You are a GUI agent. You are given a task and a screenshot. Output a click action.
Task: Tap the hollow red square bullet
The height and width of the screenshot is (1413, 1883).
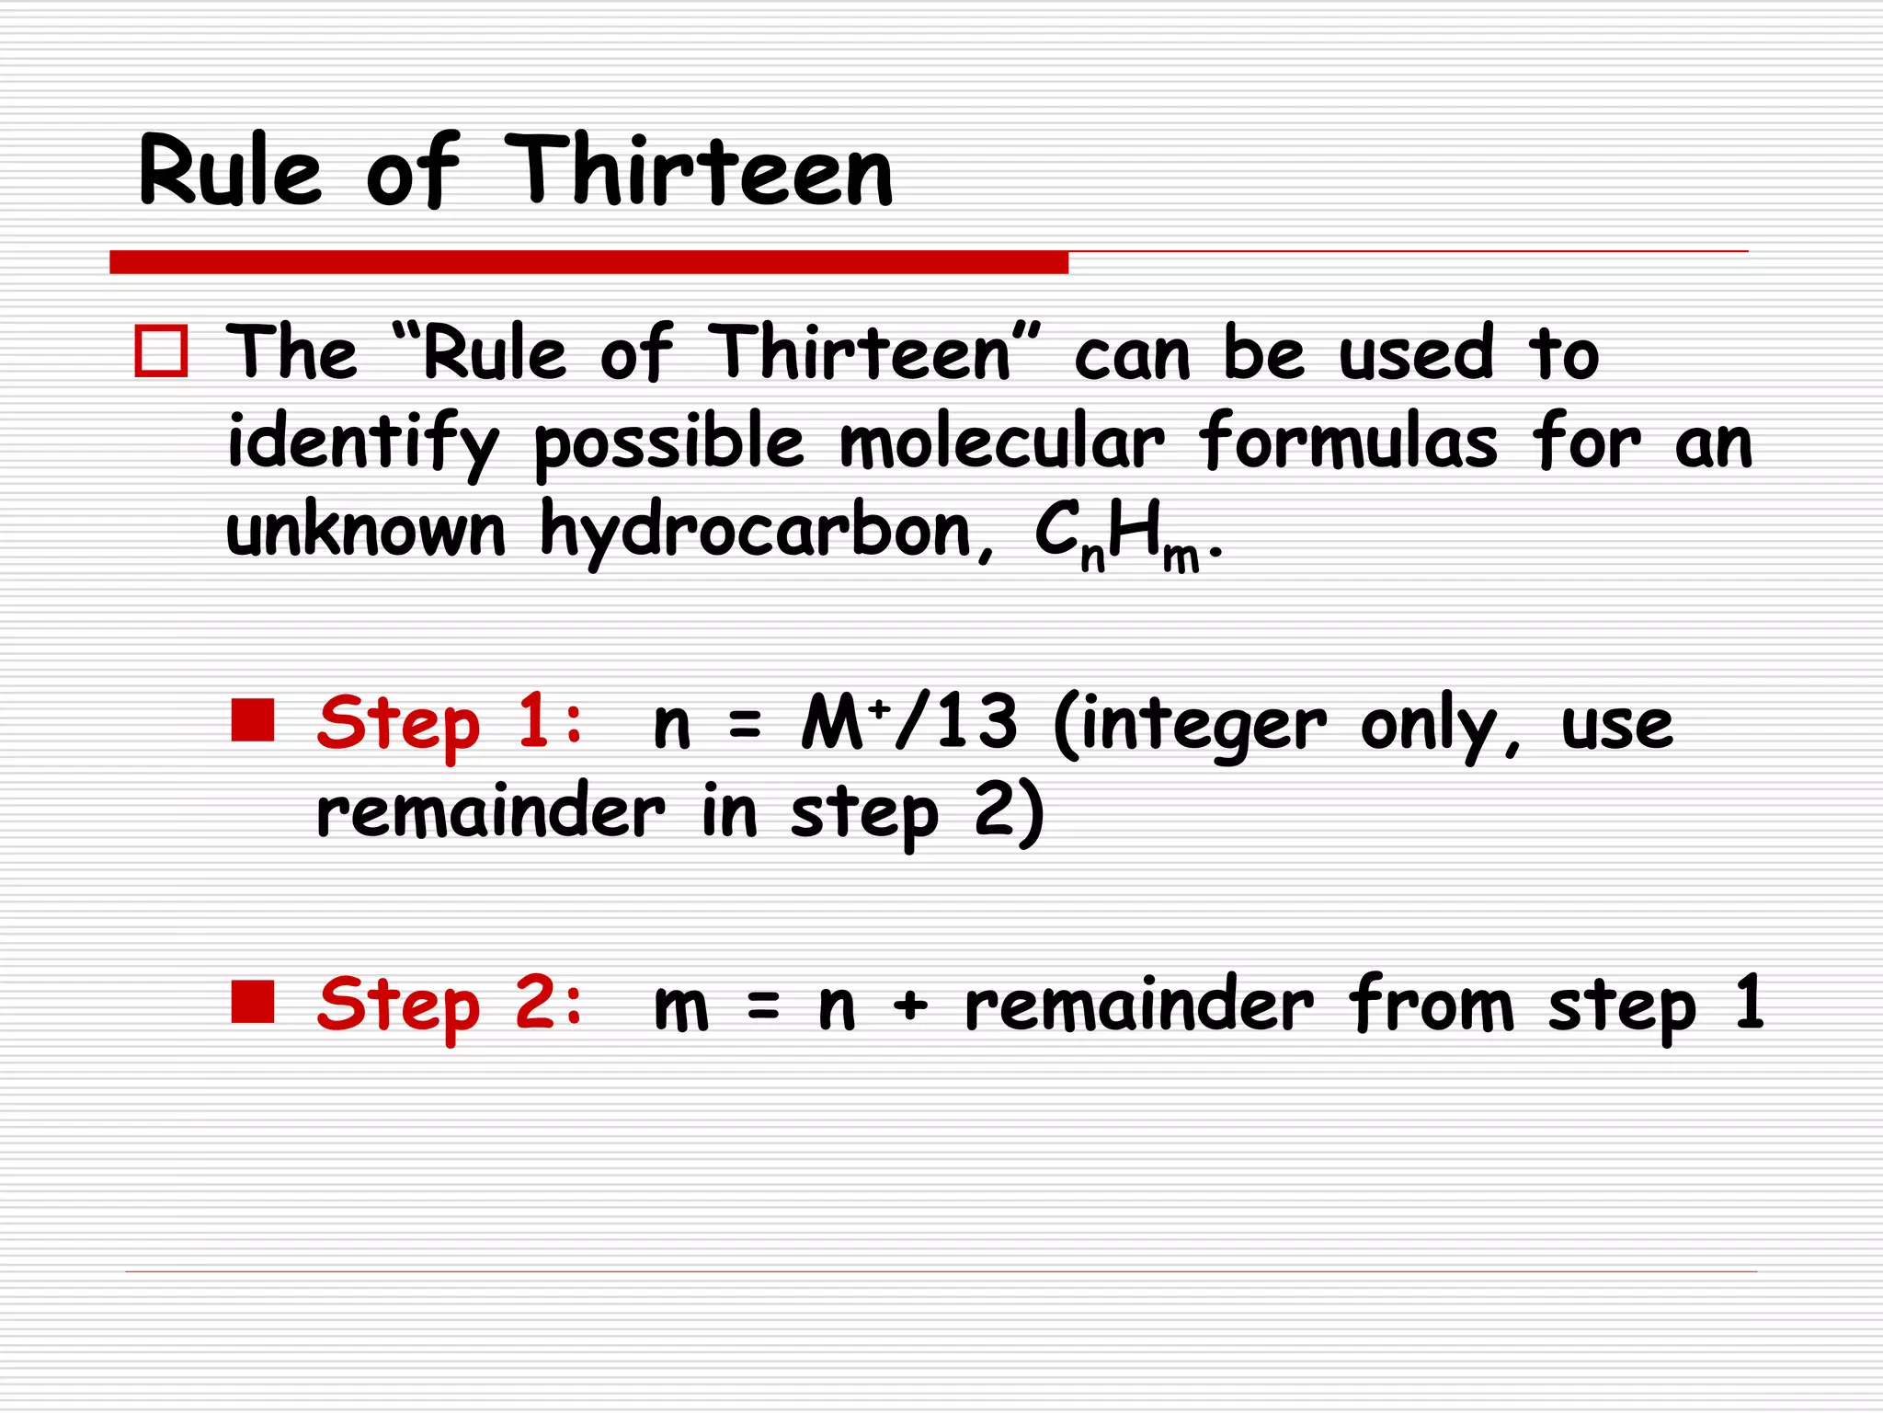(162, 350)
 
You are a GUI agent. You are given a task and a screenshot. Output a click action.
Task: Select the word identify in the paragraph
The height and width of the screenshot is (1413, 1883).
(363, 444)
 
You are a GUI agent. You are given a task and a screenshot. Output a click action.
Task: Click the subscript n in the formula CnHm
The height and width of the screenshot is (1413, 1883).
(1092, 557)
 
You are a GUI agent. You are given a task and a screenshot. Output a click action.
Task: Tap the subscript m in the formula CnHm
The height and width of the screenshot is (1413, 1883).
(1181, 557)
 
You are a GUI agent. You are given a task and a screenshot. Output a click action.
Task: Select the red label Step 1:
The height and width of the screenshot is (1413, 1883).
(450, 723)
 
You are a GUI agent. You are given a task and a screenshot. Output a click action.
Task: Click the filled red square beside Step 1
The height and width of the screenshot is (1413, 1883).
(253, 720)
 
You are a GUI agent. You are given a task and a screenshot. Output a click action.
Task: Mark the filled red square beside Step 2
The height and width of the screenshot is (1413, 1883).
(253, 1002)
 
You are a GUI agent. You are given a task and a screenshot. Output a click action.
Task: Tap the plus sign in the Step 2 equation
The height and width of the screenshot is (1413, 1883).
(910, 1005)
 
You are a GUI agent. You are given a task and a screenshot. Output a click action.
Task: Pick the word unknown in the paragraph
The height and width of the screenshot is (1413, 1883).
(366, 531)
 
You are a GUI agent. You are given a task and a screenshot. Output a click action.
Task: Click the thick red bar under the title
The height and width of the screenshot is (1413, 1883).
(588, 262)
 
